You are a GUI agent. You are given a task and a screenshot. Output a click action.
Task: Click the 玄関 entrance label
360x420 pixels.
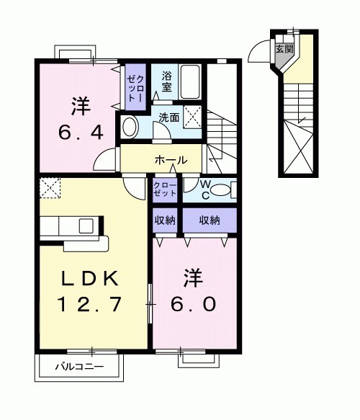284,49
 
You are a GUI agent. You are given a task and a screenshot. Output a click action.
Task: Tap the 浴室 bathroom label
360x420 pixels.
166,81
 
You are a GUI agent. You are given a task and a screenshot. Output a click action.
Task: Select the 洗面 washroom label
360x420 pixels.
169,117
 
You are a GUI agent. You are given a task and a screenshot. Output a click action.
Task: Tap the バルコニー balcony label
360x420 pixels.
80,367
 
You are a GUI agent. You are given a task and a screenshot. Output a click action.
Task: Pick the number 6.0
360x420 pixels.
192,304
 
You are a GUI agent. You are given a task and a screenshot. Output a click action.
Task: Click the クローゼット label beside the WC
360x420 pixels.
164,189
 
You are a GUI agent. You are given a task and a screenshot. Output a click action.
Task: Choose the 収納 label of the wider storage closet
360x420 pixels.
210,220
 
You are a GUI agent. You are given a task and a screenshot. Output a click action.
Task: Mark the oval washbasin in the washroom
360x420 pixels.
130,128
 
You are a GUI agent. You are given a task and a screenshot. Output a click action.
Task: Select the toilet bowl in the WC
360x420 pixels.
220,191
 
